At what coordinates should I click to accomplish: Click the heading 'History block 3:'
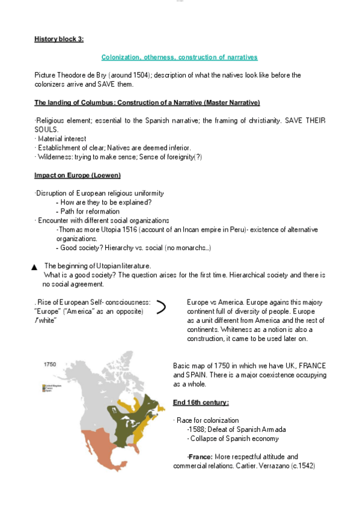click(x=59, y=39)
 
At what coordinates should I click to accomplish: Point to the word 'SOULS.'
click(x=46, y=129)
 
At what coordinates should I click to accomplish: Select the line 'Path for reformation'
click(x=85, y=212)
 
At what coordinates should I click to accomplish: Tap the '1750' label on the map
click(x=50, y=365)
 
